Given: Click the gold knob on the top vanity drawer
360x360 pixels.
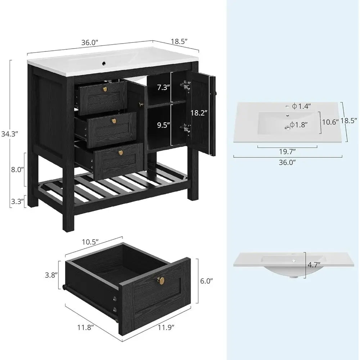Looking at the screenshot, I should click(105, 89).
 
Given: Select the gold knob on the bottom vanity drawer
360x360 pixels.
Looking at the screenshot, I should click(121, 153).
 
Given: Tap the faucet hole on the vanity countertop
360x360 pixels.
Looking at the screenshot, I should click(104, 64).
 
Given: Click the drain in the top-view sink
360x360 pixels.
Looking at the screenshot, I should click(288, 126).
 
